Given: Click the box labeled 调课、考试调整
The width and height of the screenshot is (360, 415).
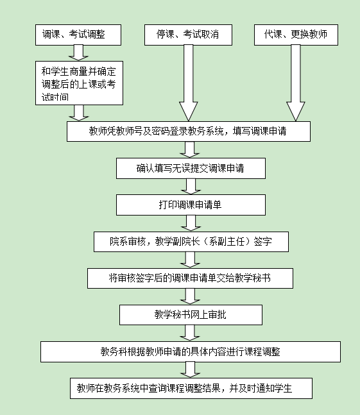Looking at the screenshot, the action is pyautogui.click(x=78, y=35).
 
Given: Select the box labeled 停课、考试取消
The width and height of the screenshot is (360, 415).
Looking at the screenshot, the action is pyautogui.click(x=188, y=35).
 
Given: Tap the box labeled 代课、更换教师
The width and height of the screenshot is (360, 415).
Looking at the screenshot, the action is pyautogui.click(x=296, y=35).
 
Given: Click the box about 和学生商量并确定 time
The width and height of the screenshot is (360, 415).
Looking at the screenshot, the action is pyautogui.click(x=79, y=83).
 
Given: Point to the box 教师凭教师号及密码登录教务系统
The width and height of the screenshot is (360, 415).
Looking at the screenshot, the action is pyautogui.click(x=189, y=131).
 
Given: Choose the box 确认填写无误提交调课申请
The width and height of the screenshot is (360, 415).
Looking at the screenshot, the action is pyautogui.click(x=191, y=168).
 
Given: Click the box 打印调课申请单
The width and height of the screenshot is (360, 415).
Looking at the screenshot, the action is pyautogui.click(x=191, y=205).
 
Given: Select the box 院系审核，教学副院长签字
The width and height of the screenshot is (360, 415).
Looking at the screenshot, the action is pyautogui.click(x=191, y=242).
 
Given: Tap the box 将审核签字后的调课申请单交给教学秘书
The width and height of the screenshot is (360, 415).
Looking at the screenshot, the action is pyautogui.click(x=190, y=278).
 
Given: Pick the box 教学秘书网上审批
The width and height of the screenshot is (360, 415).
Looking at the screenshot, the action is pyautogui.click(x=191, y=315).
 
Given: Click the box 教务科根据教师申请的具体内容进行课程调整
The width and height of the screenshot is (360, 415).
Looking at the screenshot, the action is pyautogui.click(x=191, y=351).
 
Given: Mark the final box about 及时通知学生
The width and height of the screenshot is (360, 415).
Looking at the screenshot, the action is pyautogui.click(x=191, y=388).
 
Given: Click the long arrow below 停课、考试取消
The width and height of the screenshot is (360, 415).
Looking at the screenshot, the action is pyautogui.click(x=189, y=83).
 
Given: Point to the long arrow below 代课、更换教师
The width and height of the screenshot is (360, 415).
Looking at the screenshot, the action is pyautogui.click(x=296, y=83).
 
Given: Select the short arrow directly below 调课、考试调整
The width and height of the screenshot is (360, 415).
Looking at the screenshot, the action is pyautogui.click(x=78, y=53).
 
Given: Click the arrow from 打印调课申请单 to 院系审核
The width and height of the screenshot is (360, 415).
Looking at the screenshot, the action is pyautogui.click(x=191, y=223).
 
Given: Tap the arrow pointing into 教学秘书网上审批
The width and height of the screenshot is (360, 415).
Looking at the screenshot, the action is pyautogui.click(x=190, y=296).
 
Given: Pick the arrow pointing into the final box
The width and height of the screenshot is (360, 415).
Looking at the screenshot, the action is pyautogui.click(x=190, y=369).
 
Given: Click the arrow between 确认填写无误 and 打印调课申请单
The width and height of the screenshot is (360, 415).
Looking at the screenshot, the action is pyautogui.click(x=191, y=186).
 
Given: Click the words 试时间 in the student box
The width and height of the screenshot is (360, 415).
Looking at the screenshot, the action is pyautogui.click(x=55, y=97).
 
